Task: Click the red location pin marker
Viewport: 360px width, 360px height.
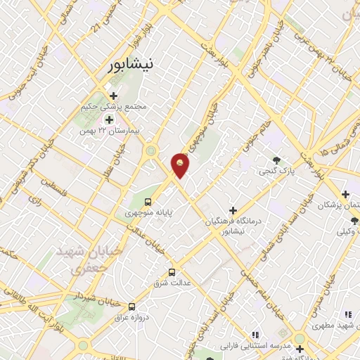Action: pyautogui.click(x=180, y=165)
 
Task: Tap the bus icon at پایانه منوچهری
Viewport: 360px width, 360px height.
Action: pyautogui.click(x=147, y=202)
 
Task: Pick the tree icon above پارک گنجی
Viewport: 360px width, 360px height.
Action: pyautogui.click(x=276, y=160)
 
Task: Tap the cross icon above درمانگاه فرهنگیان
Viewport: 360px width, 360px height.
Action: pyautogui.click(x=233, y=210)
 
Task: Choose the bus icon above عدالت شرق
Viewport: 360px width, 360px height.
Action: pyautogui.click(x=172, y=272)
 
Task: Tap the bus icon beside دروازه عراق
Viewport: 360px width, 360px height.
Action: pyautogui.click(x=132, y=307)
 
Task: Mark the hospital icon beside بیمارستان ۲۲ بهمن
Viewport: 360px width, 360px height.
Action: pyautogui.click(x=109, y=119)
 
